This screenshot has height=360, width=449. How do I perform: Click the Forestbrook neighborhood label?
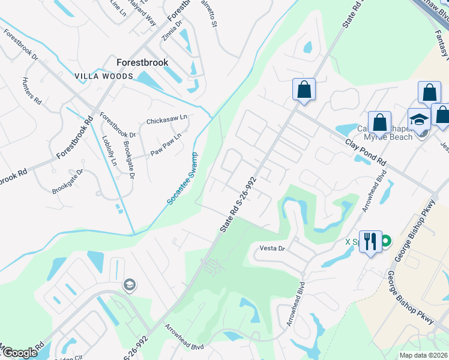(142, 62)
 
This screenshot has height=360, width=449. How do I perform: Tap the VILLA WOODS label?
(103, 77)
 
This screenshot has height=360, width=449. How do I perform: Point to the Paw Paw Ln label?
(166, 146)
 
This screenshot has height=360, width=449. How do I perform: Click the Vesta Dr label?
(271, 248)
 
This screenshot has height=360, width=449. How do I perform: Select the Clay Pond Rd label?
(367, 154)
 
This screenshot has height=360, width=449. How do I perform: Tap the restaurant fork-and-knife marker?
(369, 242)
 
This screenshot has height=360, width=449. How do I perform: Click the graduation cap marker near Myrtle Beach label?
(418, 119)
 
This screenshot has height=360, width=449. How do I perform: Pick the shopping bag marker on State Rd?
(304, 90)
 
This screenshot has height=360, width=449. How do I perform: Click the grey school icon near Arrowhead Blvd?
(128, 285)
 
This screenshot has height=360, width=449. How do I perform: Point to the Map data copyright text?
(423, 355)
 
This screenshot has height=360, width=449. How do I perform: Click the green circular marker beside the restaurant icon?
(386, 242)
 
